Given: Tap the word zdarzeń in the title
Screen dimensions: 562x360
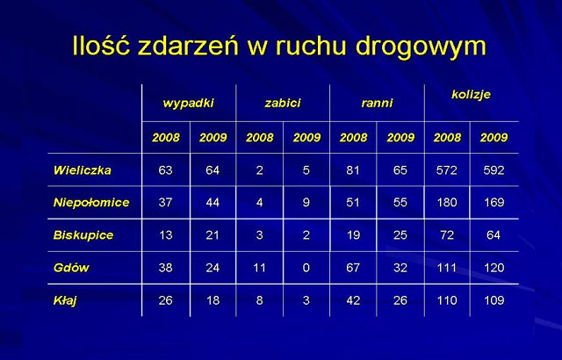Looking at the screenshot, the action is coord(188,46).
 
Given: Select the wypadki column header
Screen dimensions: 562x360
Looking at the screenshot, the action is coord(188,104).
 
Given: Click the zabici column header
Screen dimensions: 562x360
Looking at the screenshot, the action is coord(283,103).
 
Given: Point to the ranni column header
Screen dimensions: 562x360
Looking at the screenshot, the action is coord(377,103).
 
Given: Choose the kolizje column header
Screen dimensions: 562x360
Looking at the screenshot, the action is coord(471,95).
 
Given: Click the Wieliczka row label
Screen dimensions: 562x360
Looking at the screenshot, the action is coord(82,170).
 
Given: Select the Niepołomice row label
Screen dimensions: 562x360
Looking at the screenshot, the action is coord(91,203).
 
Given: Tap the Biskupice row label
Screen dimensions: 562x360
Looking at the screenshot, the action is coord(83,235).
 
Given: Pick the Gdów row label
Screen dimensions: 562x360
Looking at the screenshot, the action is coord(71,268).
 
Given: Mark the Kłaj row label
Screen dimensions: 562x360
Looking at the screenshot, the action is coord(65,300).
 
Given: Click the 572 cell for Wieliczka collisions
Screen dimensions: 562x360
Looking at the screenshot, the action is coord(447,170).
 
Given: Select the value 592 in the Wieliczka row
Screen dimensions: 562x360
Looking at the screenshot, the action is coord(494,170).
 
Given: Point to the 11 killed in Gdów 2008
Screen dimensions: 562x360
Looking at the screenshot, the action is coord(259,268).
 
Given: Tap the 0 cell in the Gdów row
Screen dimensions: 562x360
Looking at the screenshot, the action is coord(306,268).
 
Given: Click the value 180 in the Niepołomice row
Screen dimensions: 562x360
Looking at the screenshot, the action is coord(447,203).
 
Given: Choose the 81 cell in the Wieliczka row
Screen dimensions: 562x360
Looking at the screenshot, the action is coord(353,170).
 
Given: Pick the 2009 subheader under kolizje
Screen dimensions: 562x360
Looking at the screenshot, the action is coord(494,138).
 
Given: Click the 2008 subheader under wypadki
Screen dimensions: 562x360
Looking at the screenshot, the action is coord(166,138).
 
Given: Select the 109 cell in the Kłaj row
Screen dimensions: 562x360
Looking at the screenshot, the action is coord(494,300).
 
